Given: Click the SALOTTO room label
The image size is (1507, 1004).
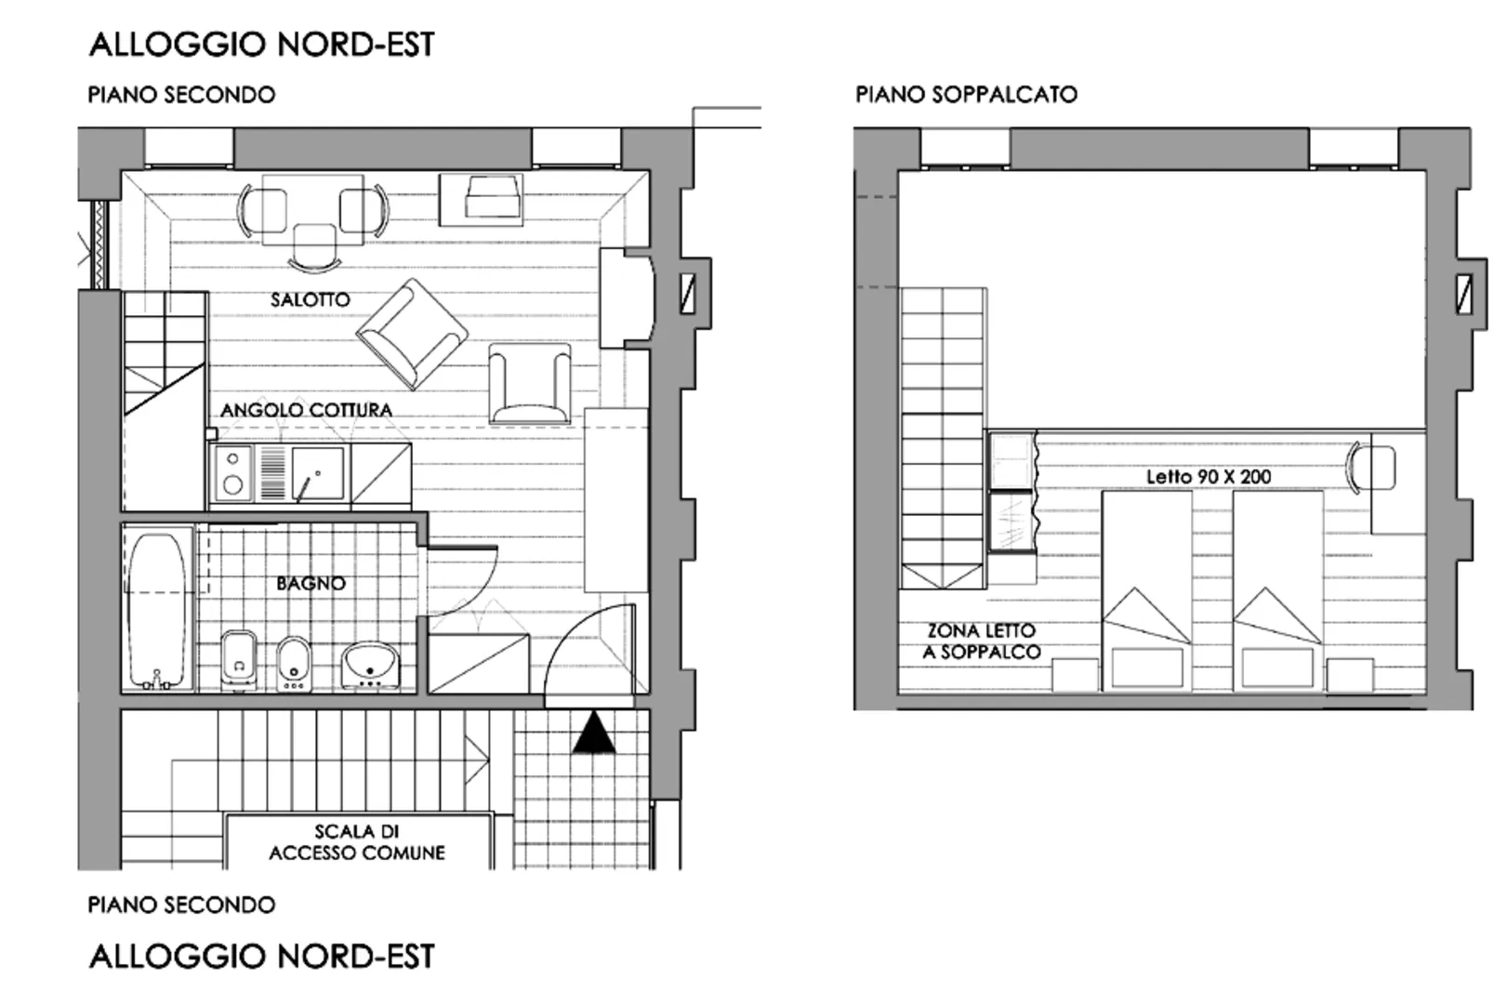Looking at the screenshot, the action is [311, 299].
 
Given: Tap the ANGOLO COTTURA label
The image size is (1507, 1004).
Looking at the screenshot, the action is [306, 410].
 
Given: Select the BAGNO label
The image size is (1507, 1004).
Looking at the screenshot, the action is [311, 583].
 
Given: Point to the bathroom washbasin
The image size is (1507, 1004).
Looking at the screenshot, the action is [370, 666].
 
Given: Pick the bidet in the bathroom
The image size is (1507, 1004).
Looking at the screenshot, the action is [294, 664].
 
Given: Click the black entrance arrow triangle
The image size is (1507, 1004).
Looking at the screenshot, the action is [593, 733].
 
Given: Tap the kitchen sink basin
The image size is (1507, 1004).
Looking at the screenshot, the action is [318, 473].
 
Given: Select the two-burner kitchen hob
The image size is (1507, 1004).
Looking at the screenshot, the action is [232, 473].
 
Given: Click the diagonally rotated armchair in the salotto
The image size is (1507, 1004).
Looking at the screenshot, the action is [413, 335].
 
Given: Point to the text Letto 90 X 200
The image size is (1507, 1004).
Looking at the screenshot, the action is [1209, 477].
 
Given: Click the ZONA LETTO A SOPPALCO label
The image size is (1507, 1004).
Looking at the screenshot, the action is [982, 641].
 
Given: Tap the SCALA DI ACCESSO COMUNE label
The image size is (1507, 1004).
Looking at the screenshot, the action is [357, 842].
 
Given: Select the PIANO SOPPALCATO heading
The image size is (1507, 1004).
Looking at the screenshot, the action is [966, 94].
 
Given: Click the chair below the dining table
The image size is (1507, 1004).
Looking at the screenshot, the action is [315, 247].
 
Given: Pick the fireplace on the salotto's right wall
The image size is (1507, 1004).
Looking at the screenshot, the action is [627, 298].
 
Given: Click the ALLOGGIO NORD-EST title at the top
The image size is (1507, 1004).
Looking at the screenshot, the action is [262, 45].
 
